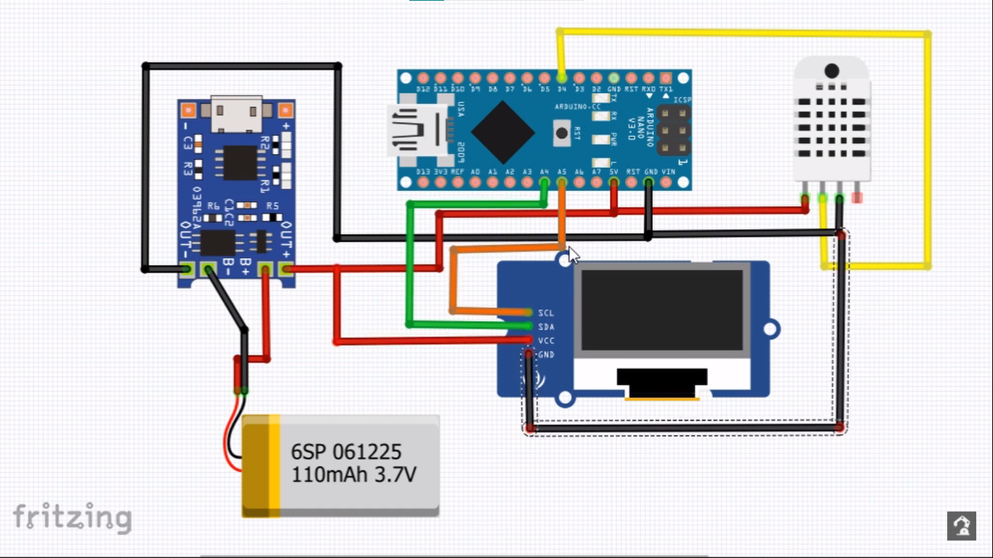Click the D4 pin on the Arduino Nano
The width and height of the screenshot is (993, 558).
(x=561, y=77)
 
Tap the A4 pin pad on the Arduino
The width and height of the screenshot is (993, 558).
(x=544, y=182)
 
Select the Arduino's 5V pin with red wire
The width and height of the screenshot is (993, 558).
(x=614, y=182)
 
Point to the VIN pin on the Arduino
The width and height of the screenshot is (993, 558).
(x=667, y=182)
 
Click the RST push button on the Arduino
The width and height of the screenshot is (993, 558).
(x=562, y=132)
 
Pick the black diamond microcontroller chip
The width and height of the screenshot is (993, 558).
(x=503, y=132)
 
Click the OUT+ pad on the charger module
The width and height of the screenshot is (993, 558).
(x=286, y=270)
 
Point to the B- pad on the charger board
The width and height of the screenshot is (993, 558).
(x=209, y=270)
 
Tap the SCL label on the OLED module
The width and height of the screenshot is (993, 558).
(x=546, y=312)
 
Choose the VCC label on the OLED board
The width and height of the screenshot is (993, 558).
(x=546, y=340)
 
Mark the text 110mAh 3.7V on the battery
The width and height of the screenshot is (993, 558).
(x=353, y=475)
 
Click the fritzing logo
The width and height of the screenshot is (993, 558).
(x=73, y=517)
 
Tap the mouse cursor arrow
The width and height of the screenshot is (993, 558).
(x=574, y=255)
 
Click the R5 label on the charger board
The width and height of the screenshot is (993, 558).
(x=273, y=206)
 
